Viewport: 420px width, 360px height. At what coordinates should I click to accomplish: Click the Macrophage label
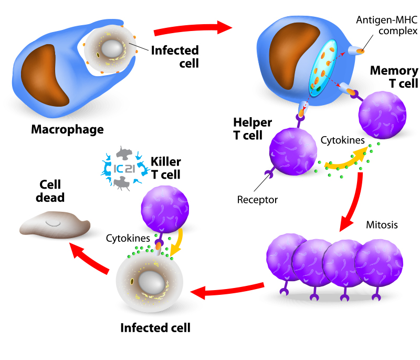67,129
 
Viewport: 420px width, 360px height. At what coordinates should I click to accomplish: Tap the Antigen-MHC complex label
386,25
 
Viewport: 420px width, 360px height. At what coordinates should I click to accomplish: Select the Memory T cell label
394,77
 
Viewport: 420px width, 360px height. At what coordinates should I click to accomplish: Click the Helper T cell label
253,129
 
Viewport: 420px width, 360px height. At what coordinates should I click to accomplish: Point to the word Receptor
257,200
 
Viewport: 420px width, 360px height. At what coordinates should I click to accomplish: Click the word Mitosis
382,224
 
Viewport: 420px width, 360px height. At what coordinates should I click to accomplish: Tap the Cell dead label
50,191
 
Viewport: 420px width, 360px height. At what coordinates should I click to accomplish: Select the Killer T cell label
166,168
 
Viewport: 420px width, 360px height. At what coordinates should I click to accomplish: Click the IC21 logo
124,169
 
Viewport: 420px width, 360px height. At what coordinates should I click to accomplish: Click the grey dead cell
55,224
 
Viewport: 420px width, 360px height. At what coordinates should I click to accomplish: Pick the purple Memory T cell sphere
382,115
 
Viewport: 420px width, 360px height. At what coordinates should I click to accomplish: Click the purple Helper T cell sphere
293,151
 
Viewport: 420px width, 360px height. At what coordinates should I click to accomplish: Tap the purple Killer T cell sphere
165,209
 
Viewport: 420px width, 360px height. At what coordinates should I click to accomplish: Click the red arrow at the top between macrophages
193,28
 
